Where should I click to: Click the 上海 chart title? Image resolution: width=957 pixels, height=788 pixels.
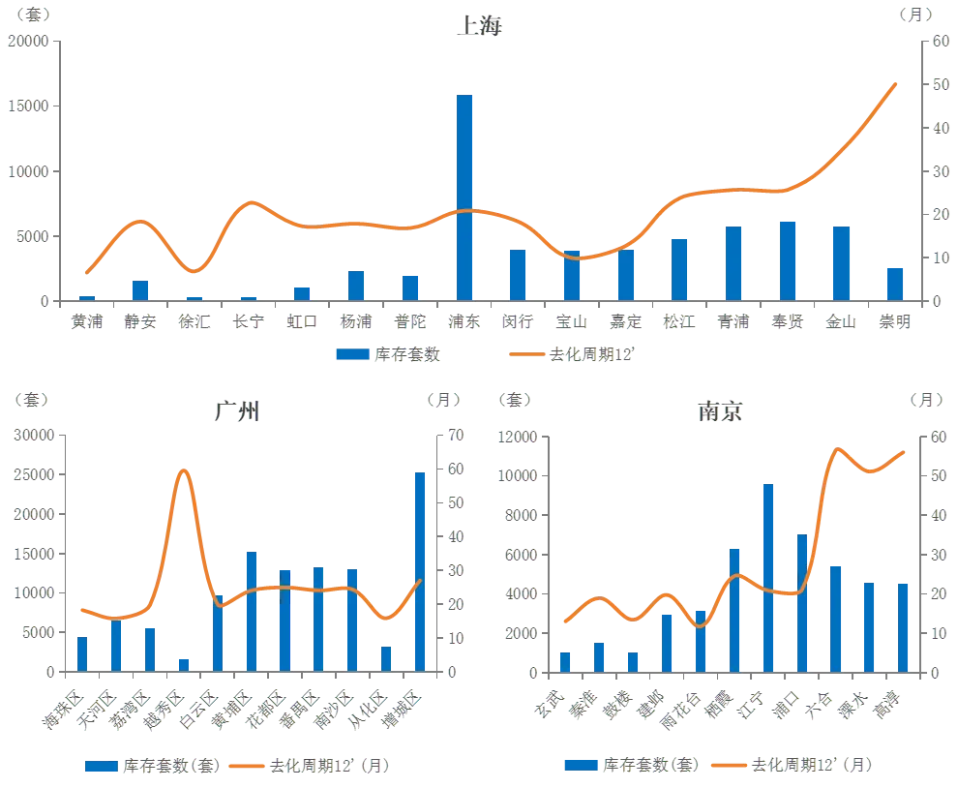pos(480,25)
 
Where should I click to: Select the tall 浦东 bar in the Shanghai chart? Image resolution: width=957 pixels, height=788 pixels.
pos(464,197)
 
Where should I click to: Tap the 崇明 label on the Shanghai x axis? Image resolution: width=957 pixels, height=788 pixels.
pos(895,321)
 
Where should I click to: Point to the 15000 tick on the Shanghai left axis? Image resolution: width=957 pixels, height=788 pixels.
pos(28,106)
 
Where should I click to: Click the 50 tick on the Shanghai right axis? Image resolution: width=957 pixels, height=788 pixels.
pos(941,84)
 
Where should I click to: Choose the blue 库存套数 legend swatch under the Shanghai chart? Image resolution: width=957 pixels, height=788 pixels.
pos(353,354)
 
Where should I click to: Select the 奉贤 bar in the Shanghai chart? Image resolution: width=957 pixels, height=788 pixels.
pos(788,261)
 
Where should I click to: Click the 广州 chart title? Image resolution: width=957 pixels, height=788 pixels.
pos(237,411)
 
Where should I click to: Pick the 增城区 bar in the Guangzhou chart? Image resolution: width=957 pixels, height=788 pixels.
pos(420,572)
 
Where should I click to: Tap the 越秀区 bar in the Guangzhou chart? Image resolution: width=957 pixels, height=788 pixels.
pos(184,665)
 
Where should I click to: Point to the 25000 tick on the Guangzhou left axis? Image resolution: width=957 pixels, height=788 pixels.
pos(34,474)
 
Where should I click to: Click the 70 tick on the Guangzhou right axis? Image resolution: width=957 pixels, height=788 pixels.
pos(456,436)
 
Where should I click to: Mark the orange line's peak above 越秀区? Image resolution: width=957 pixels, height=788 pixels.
pos(183,470)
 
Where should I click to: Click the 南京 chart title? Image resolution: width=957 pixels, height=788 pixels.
pos(720,411)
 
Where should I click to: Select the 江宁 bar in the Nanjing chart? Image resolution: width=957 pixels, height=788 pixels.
pos(767,578)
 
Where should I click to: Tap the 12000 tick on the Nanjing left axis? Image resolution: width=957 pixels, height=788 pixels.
pos(517,437)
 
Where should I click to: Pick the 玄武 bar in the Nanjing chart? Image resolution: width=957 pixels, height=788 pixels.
pos(564,662)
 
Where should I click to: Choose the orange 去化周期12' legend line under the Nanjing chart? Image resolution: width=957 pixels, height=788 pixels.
pos(729,765)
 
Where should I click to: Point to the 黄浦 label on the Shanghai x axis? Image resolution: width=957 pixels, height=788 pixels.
pos(87,321)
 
